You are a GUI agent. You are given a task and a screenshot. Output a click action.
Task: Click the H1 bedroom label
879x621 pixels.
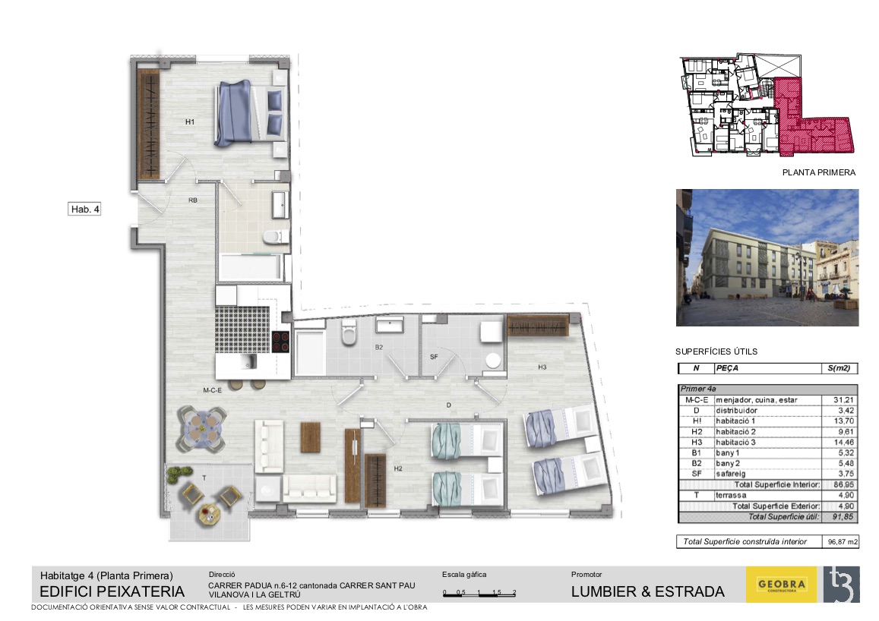[190, 121]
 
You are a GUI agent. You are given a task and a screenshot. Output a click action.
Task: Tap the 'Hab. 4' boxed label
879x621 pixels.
[84, 209]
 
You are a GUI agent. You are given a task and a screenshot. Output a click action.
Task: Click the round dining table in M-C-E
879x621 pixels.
[202, 428]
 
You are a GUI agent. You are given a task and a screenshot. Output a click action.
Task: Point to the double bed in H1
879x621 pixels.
[251, 114]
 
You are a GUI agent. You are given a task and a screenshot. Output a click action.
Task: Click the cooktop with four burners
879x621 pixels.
[280, 342]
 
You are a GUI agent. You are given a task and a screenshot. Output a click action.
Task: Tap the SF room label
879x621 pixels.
[434, 357]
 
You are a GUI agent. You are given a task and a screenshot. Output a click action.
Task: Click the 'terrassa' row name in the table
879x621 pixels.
[731, 496]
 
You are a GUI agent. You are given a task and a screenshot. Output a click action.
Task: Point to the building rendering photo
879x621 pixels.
[767, 257]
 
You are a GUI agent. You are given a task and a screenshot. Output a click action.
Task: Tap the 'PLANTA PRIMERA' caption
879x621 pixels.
[819, 172]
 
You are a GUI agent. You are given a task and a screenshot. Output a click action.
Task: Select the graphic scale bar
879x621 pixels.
[479, 593]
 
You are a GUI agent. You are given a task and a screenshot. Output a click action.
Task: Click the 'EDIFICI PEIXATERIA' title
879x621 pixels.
[112, 592]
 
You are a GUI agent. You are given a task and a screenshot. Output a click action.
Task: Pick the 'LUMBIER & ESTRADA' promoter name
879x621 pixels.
[647, 592]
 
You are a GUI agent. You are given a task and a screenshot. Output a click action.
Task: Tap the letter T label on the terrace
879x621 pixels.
[204, 478]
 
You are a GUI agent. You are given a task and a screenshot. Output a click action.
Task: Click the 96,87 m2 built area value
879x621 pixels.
[843, 542]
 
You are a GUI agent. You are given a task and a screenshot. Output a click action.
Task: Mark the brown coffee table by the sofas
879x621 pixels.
[311, 437]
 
